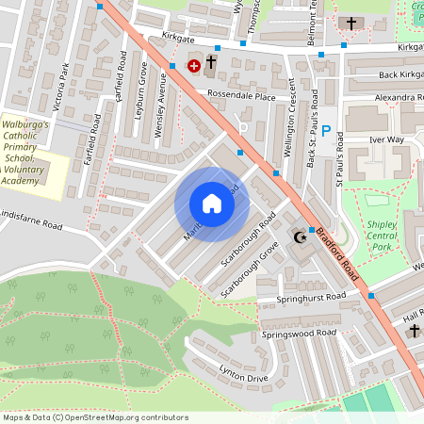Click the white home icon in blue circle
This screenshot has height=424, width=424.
click(x=212, y=204)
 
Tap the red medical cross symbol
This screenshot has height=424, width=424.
click(x=194, y=66)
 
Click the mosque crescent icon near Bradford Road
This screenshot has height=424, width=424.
click(x=302, y=236)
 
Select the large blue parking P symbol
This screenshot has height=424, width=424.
click(x=326, y=133)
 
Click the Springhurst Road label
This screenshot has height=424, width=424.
click(x=311, y=297)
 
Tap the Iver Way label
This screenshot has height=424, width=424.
click(x=385, y=139)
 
